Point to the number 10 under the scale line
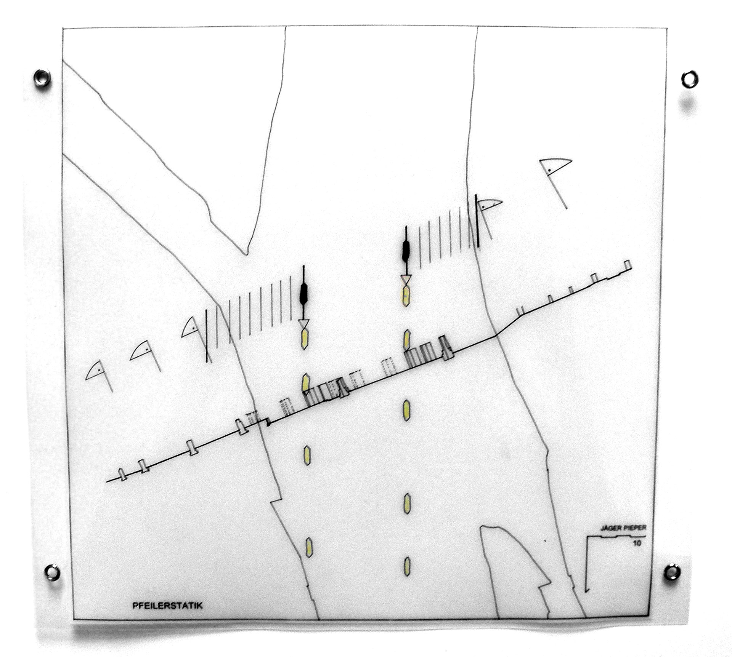point(637,544)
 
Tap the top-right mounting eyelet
point(689,79)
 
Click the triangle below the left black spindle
point(304,324)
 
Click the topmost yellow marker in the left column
point(304,340)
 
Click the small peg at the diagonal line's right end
point(628,265)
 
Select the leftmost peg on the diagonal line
point(122,474)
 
